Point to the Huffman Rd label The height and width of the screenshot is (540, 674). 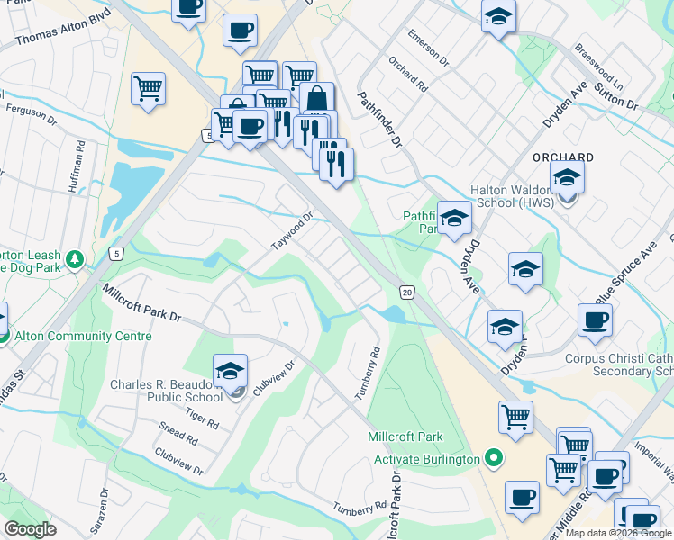pos(76,166)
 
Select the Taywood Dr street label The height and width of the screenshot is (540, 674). pos(292,232)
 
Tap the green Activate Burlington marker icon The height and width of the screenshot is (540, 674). pos(492,459)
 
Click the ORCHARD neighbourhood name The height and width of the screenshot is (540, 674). pos(563,157)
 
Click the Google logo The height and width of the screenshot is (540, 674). pos(31,529)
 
